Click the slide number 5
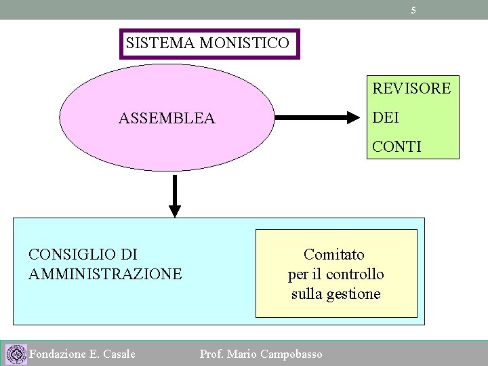tap(413, 10)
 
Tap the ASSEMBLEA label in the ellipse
tap(167, 119)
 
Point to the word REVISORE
tap(411, 88)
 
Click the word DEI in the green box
tap(386, 118)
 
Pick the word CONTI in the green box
tap(396, 146)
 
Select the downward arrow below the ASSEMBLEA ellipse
tap(175, 196)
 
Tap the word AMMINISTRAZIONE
tap(105, 274)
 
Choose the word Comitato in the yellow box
tap(334, 254)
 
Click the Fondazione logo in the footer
tap(16, 354)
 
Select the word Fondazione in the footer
tap(58, 354)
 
